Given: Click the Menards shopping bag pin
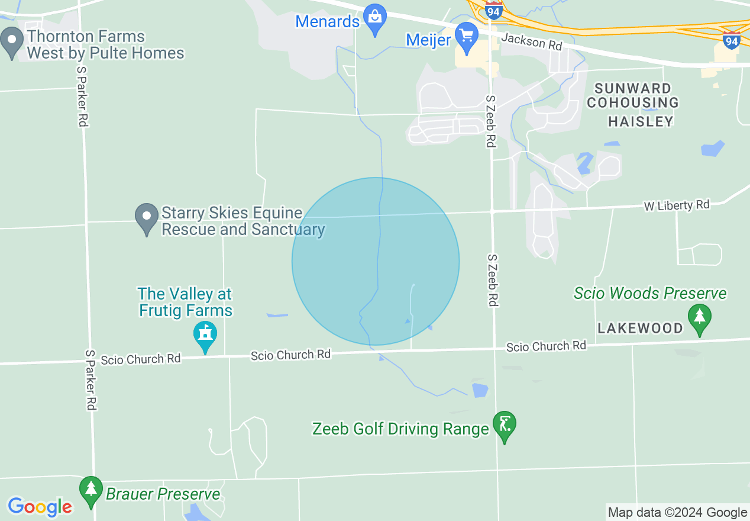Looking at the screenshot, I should pos(374,18).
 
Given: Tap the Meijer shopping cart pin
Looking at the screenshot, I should pos(467,37).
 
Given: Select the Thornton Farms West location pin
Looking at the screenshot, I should pos(11,43).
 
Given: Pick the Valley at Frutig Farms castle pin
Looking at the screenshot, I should pos(205,336).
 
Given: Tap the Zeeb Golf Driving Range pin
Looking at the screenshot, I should pos(504,426).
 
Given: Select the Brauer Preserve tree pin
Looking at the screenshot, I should pos(90,490).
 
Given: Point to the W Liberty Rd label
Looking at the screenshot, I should pos(677,205).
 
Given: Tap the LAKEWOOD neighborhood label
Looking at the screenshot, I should pos(640,328).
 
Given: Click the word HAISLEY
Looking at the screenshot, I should pos(641,121).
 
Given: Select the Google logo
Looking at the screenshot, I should pos(40,507).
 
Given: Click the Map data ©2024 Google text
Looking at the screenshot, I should pos(678,513).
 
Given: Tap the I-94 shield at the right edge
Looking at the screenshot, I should pos(732,40).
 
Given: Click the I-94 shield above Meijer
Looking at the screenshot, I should pos(493,9).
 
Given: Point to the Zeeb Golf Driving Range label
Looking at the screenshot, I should pos(400,429).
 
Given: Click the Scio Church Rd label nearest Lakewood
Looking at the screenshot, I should pos(546,347).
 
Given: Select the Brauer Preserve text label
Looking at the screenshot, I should pos(163,494).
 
